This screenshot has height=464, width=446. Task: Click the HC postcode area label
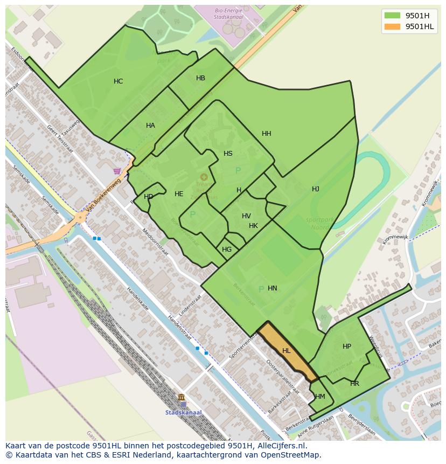coord(119,81)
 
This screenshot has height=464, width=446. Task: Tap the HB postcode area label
coord(200,78)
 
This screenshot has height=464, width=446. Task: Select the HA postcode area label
coord(150,126)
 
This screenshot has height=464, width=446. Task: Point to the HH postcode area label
coord(266,134)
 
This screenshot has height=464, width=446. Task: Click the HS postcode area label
coord(228,154)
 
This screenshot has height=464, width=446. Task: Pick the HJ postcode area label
coord(315,189)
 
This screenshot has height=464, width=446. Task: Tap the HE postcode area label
coord(179,194)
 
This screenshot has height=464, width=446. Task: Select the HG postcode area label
coord(227,250)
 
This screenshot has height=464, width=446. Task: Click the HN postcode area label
coord(272,288)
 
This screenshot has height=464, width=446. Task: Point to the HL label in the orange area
coord(286,351)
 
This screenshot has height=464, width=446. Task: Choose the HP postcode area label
coord(346,347)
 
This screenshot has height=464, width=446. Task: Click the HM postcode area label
coord(320,397)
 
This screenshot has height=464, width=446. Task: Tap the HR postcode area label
coord(354,384)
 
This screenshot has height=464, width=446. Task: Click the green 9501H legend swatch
coord(392,16)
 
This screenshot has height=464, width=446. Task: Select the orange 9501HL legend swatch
coord(392,26)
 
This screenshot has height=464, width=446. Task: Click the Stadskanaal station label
coord(183,413)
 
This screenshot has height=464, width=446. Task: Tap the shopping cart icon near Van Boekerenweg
coord(117,171)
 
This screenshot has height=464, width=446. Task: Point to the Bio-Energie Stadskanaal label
coord(229,13)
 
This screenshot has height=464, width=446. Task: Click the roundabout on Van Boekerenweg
coord(80,218)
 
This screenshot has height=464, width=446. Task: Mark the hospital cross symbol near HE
coord(204,177)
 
